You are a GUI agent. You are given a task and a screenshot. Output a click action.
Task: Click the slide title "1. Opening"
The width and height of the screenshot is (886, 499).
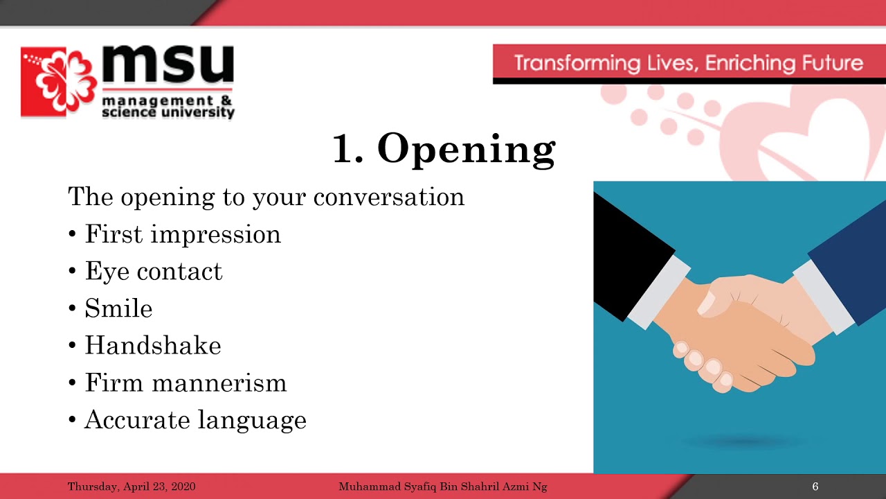(x=444, y=149)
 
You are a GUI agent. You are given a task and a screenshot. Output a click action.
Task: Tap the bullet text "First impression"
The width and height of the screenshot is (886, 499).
(x=183, y=234)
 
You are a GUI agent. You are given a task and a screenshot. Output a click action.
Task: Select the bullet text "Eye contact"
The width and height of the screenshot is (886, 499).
(x=154, y=272)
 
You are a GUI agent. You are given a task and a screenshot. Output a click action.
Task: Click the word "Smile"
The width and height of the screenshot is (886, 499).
(x=118, y=308)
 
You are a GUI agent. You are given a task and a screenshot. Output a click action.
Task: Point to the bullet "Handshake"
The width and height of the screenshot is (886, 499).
(x=153, y=346)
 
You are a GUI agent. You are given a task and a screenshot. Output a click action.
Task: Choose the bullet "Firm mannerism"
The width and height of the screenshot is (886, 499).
(x=186, y=383)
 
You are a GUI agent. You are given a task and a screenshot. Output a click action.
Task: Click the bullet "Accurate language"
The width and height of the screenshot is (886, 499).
(x=195, y=420)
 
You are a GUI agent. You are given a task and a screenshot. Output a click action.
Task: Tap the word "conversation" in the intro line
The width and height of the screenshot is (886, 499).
(x=388, y=198)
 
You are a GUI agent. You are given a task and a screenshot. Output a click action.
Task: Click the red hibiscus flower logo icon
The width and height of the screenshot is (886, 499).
(x=60, y=82)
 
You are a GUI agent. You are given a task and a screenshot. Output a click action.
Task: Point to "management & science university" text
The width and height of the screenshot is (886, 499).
(x=168, y=107)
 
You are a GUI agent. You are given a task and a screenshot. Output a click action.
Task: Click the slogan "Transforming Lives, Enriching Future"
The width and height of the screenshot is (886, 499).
(x=688, y=64)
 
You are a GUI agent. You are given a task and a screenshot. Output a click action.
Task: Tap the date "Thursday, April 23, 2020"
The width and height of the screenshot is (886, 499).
(x=132, y=487)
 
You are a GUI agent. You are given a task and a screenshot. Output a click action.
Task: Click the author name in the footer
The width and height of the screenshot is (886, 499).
(x=442, y=487)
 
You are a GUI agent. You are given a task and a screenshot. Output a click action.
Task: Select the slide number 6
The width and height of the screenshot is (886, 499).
(x=815, y=487)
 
